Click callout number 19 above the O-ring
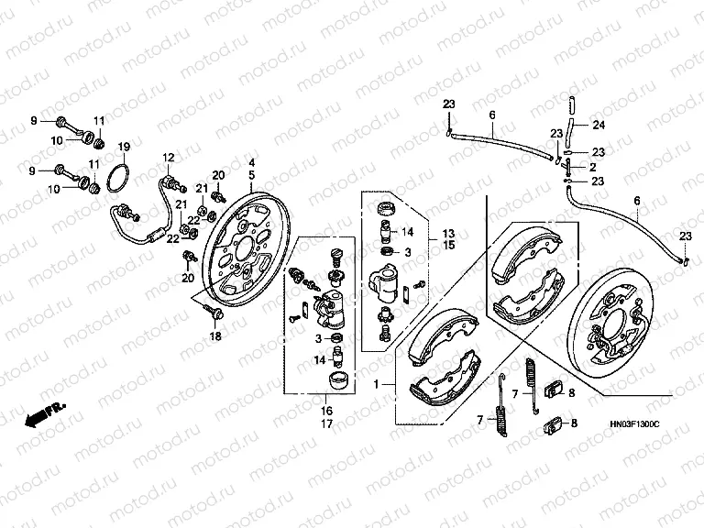[x=125, y=147]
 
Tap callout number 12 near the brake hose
[x=169, y=158]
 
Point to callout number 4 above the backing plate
[x=251, y=163]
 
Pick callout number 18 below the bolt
[x=215, y=337]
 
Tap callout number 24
[x=599, y=125]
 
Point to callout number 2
[x=592, y=167]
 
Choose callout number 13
[x=448, y=233]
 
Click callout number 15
[x=448, y=245]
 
